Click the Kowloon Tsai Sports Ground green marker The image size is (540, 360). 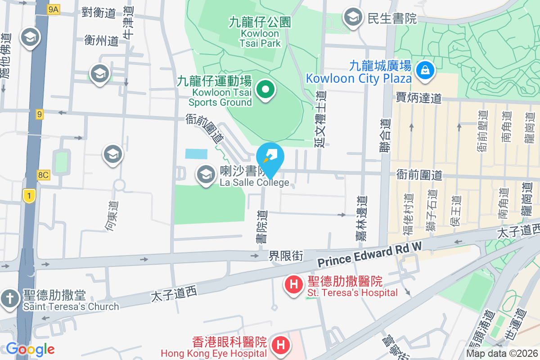coord(266,89)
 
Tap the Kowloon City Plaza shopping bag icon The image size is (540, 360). coord(424,70)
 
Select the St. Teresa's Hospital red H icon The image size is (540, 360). coord(294,284)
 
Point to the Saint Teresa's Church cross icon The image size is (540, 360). coord(9,298)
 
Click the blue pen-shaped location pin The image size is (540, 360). coord(270,158)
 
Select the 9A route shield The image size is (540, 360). coord(53,9)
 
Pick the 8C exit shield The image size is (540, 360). coord(44,175)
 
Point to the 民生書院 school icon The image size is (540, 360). coord(353,18)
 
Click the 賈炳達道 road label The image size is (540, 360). coord(418,98)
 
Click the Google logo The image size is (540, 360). coord(30,349)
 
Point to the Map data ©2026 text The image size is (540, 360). coord(501,354)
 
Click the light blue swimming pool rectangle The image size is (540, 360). coord(196,154)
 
